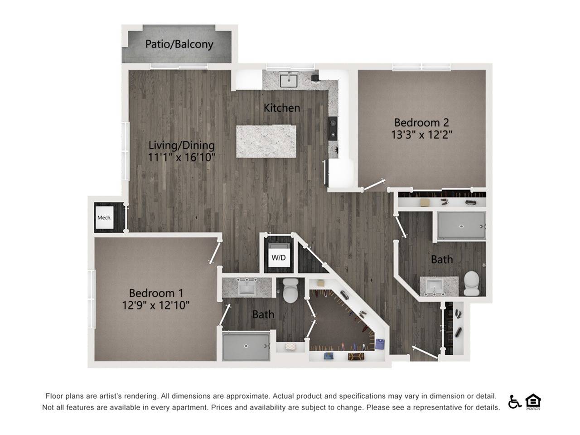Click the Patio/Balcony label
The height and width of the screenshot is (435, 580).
179,44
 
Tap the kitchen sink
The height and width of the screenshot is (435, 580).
288,80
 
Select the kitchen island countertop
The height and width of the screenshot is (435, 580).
266,141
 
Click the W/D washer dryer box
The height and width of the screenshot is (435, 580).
279,258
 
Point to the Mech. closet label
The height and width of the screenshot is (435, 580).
104,218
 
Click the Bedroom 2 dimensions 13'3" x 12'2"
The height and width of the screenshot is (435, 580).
421,135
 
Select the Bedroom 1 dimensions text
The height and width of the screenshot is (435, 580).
155,305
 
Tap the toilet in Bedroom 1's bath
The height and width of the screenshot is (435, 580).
290,291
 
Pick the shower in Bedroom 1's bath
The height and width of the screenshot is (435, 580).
246,347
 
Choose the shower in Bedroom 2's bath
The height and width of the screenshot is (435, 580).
461,226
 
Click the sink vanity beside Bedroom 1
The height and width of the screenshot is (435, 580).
247,287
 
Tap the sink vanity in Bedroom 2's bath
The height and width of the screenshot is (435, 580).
434,286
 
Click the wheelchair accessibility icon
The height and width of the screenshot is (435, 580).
514,401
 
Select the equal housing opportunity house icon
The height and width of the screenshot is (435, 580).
533,401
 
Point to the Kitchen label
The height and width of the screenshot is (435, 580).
282,108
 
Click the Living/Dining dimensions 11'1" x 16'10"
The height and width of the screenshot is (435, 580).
181,157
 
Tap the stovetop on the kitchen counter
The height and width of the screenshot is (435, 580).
333,128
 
